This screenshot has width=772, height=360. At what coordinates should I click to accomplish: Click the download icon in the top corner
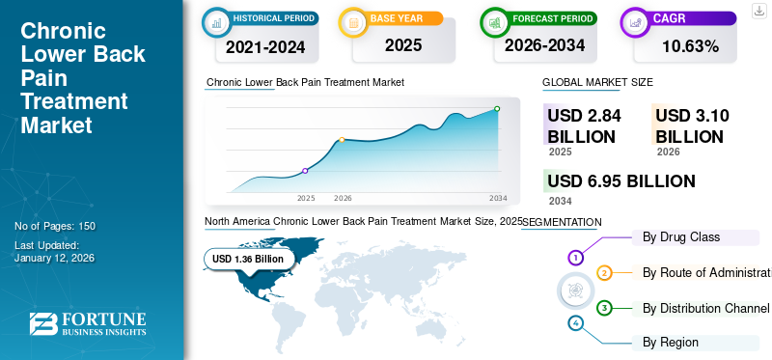pos(758,10)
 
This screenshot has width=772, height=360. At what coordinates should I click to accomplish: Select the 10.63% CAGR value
pos(690,46)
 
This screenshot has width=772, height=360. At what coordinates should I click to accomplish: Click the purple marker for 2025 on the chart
pos(306,171)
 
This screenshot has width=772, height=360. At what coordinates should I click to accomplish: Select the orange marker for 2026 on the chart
pos(342,140)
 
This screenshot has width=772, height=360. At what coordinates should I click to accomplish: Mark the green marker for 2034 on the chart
pos(497,109)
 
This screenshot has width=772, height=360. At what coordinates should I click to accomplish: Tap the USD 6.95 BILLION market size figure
pos(620,180)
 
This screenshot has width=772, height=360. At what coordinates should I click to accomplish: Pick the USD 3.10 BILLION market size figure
pos(691,125)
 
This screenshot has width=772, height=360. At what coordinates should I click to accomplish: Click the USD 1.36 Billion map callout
pos(248,259)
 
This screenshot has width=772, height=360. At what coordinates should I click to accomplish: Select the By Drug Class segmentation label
pos(681,236)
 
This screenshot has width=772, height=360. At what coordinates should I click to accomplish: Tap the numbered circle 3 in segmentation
pos(604,308)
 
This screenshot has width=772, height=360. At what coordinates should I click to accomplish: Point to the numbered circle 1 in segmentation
pos(575,258)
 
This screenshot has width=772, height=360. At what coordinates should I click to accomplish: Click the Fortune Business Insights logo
pos(87,324)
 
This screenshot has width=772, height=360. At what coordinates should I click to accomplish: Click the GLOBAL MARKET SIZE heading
pos(597,83)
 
